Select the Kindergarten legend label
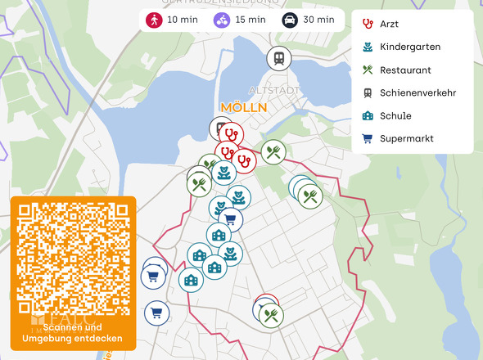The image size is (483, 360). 407,47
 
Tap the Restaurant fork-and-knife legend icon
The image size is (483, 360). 368,70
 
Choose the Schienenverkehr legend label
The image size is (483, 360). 418,93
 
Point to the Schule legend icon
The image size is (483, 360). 368,116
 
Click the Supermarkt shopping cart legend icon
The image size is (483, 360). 368,139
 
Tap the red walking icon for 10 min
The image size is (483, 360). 154,20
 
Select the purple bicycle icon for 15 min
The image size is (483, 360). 222,20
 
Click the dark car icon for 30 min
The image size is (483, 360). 290,20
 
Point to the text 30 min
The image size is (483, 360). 318,20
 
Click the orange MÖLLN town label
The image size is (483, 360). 243,108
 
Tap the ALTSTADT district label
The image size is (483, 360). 273,91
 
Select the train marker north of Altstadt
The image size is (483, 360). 279,58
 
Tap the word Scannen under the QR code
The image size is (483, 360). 65,326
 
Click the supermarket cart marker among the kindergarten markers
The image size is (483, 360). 230,218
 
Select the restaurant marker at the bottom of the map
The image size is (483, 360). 271,314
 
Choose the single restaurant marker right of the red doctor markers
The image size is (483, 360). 273,151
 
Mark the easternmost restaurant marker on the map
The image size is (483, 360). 310,195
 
